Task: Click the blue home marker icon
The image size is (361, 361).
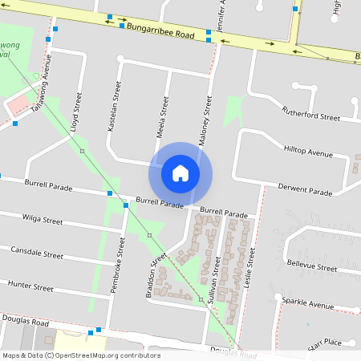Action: pyautogui.click(x=180, y=172)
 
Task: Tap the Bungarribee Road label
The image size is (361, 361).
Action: pyautogui.click(x=160, y=31)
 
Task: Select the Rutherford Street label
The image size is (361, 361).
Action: pyautogui.click(x=310, y=115)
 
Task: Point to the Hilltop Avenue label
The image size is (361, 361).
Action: pyautogui.click(x=308, y=152)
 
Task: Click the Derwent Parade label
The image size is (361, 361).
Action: pyautogui.click(x=305, y=191)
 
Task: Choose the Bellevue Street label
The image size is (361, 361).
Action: pyautogui.click(x=312, y=266)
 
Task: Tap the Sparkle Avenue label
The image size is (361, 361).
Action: pyautogui.click(x=308, y=304)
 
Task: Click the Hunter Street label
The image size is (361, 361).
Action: pyautogui.click(x=30, y=286)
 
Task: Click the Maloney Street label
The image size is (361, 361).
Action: pyautogui.click(x=206, y=116)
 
